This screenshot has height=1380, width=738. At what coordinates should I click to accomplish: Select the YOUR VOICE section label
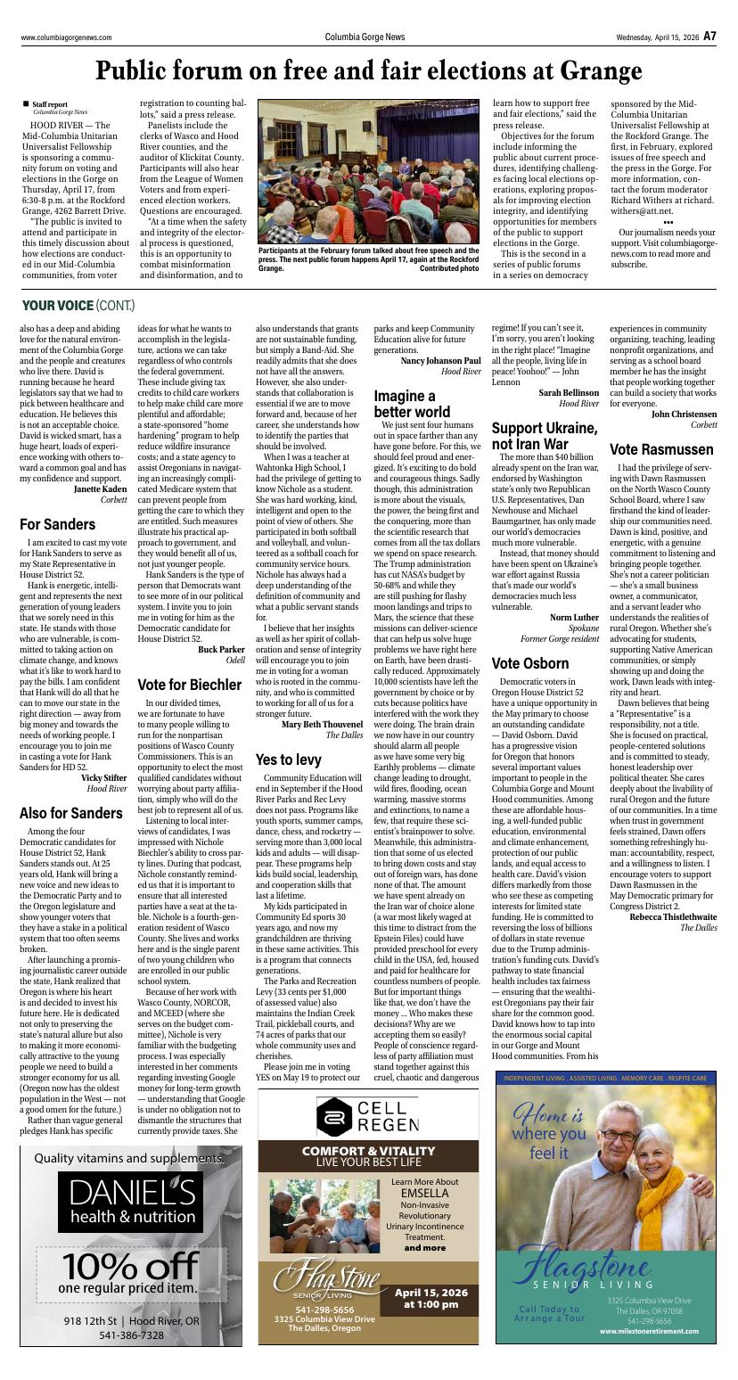click(57, 306)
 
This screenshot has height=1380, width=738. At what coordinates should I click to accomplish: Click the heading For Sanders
click(58, 524)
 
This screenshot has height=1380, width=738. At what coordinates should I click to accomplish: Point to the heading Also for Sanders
click(71, 813)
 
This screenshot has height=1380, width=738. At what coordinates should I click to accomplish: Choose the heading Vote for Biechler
click(189, 685)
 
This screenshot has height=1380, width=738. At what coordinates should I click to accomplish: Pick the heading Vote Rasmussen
click(661, 449)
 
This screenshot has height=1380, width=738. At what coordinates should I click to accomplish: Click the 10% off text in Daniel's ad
click(130, 1264)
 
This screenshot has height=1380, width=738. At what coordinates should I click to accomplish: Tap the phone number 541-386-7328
click(131, 1335)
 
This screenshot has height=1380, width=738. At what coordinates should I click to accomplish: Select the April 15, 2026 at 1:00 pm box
click(430, 1298)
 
